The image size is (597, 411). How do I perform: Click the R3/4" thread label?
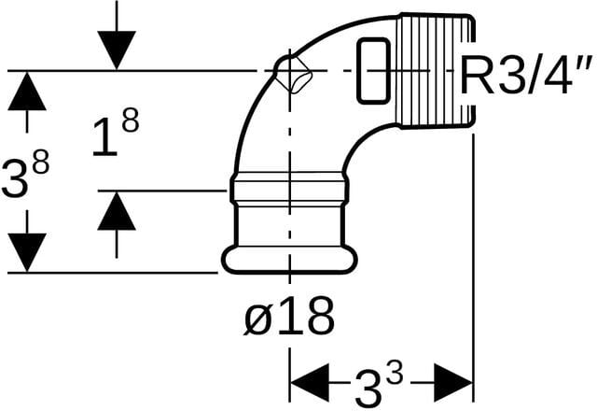(x=526, y=75)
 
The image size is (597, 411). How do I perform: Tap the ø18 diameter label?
(x=289, y=316)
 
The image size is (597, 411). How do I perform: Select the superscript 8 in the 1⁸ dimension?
(x=131, y=120)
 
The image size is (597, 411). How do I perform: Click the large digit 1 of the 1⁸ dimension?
(x=105, y=137)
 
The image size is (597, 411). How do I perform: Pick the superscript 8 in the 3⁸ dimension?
(x=41, y=162)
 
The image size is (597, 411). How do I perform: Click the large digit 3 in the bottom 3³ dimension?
(x=368, y=389)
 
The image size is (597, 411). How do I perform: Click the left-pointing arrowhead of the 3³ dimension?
(x=309, y=382)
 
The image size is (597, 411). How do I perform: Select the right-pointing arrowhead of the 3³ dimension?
(x=453, y=382)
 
